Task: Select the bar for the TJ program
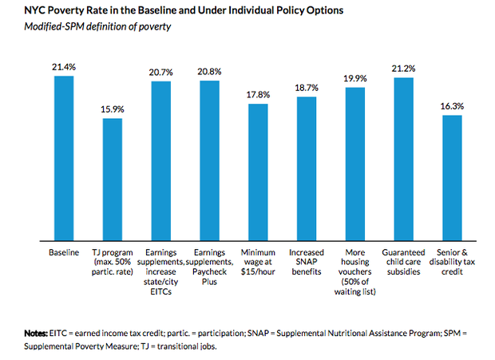pos(113,179)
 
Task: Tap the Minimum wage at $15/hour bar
pos(258,172)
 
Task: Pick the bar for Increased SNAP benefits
pos(307,168)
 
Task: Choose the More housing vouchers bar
pos(354,163)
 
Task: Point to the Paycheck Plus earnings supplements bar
pos(210,160)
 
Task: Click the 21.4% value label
pos(65,67)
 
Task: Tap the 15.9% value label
pos(113,109)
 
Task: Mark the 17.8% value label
pos(258,95)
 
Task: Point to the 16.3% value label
pos(452,106)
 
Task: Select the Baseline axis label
pos(65,253)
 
